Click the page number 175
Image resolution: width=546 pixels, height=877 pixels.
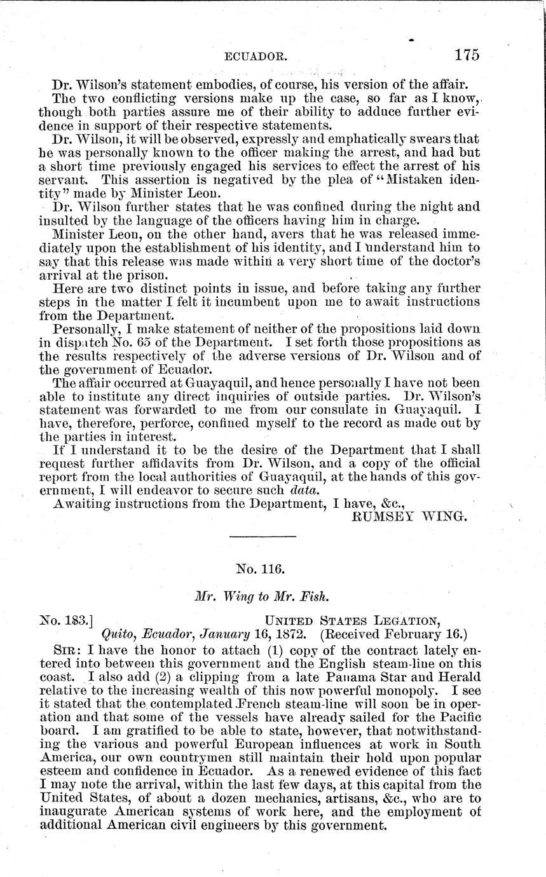467,55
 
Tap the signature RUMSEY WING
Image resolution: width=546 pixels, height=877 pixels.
410,516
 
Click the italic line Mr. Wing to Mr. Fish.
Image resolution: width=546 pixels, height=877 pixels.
262,596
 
